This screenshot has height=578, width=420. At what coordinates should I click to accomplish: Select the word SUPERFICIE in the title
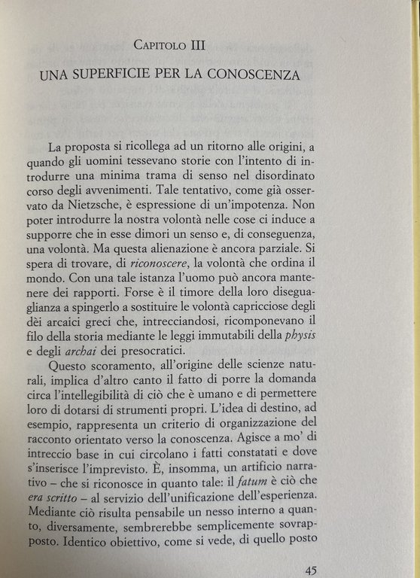pos(122,75)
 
